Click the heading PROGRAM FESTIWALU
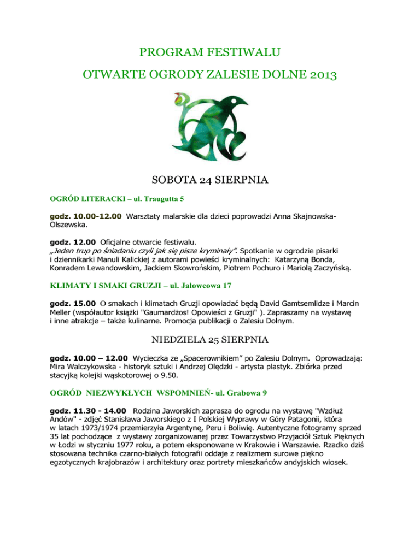[210, 53]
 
